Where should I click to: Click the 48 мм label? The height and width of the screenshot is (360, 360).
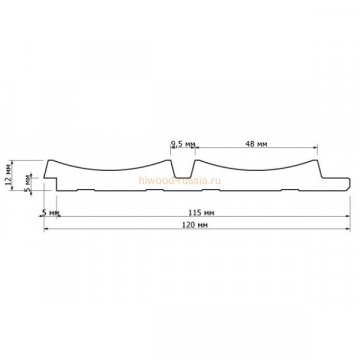tap(252, 143)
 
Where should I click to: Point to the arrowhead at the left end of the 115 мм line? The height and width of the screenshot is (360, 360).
tap(61, 218)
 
